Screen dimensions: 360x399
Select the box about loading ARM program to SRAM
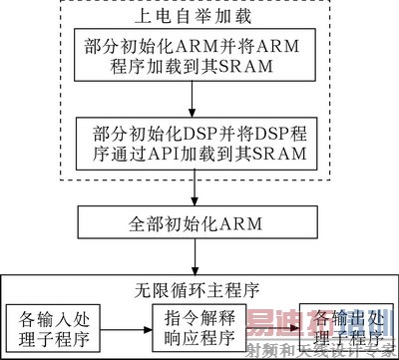point(191,56)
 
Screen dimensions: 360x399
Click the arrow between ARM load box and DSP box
point(191,98)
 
